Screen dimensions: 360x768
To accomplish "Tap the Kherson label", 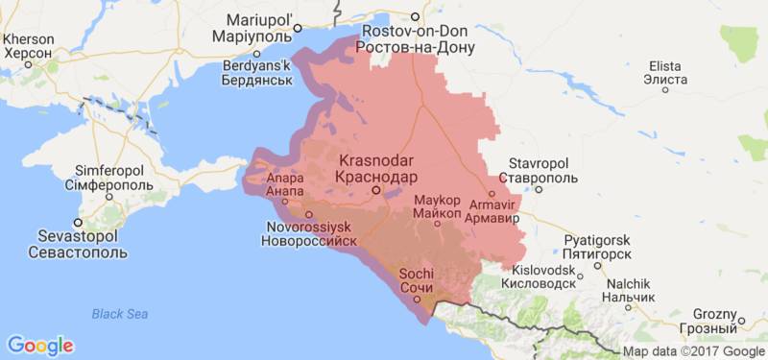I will pos(30,46).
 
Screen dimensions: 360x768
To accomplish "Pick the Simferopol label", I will pos(110,177).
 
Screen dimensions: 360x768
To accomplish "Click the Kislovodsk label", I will pos(543,276).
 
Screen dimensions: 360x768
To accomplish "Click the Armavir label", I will pos(491,210).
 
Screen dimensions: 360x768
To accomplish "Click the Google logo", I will pos(39,346).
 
